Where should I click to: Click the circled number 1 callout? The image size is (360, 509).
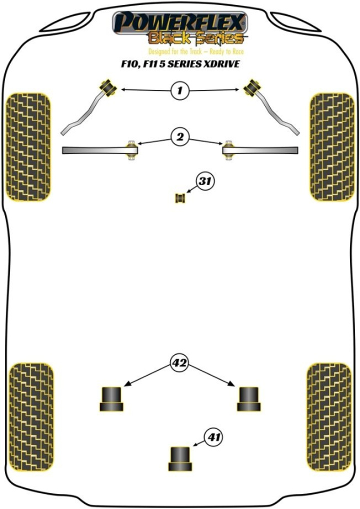179,90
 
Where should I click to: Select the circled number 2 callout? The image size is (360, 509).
180,136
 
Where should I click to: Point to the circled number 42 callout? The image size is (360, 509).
179,363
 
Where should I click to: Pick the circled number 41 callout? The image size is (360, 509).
214,438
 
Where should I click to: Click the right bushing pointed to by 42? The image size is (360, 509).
248,398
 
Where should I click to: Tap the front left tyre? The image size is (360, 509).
27,147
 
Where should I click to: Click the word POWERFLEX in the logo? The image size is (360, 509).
180,22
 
